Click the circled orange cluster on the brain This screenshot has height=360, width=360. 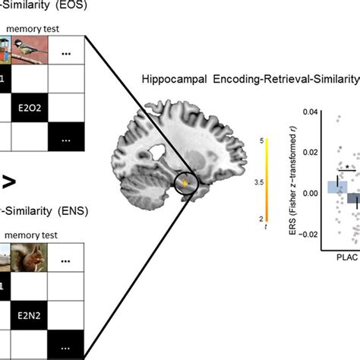185,183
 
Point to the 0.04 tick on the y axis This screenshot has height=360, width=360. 308,112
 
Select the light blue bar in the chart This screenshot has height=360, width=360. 337,187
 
